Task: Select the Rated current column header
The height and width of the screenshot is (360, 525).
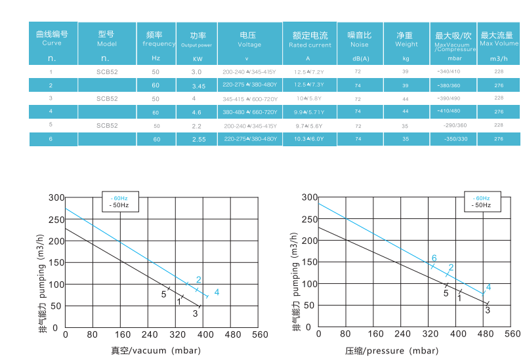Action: pos(310,39)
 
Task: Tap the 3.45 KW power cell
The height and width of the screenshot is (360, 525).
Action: pos(198,86)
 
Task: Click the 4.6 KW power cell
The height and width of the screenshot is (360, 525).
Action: pos(198,112)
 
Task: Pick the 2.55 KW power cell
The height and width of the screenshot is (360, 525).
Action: pos(198,139)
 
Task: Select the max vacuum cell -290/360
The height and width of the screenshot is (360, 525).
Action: pos(453,125)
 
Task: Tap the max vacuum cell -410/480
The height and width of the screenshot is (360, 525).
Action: pos(453,112)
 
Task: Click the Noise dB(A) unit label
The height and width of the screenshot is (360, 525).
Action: pos(357,58)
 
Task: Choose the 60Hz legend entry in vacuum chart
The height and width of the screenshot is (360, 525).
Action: pos(120,198)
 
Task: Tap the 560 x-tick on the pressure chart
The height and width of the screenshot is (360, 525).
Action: pos(513,334)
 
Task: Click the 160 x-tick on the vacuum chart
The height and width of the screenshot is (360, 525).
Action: pos(120,334)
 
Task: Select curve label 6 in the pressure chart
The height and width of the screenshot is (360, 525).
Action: pos(434,258)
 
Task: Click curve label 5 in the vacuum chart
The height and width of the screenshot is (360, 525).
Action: pos(163,294)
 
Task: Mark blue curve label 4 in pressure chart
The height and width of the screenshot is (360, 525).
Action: pos(488,287)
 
